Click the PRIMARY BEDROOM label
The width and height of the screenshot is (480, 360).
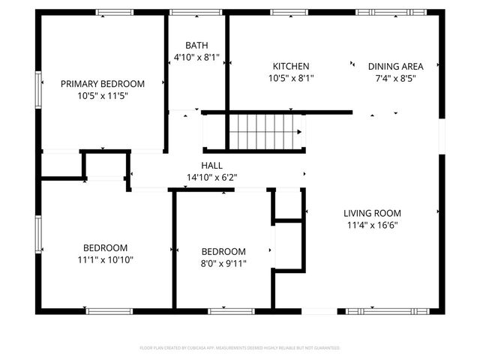point(102,84)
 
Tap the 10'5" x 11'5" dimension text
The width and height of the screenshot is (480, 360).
point(102,96)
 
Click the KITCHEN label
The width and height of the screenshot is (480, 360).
point(290,66)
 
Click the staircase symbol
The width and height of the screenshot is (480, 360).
point(265,132)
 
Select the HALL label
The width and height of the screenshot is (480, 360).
point(211,166)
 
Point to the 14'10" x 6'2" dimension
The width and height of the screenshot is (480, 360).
point(211,178)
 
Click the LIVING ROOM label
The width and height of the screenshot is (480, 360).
point(373,212)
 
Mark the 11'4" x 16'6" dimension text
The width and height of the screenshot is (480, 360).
point(373,224)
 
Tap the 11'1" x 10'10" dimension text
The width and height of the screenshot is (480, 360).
point(105,259)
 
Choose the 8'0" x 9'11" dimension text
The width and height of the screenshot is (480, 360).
point(223,263)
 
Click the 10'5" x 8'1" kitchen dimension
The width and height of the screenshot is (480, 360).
point(290,78)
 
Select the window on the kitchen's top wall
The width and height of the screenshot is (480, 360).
point(289,13)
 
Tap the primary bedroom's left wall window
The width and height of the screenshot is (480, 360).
point(38,83)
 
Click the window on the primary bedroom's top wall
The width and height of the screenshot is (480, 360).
point(114,13)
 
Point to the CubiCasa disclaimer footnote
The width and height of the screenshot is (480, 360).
point(240,348)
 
